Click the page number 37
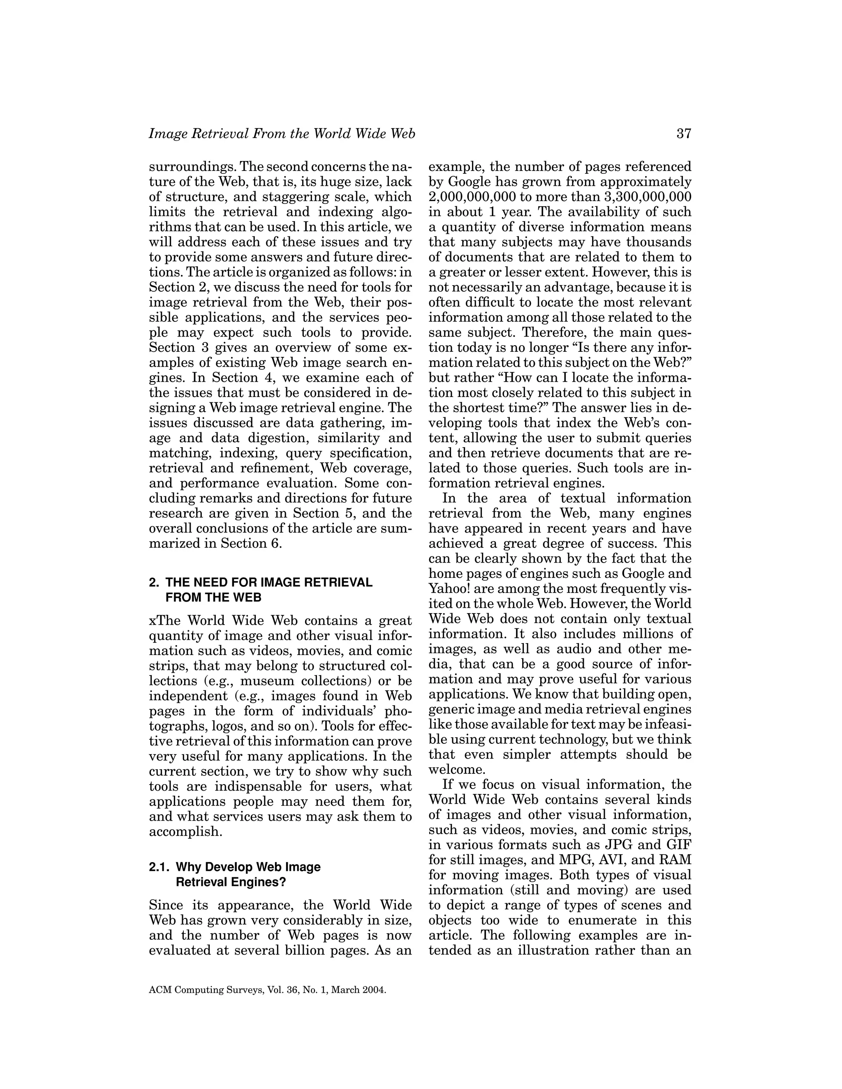pos(683,134)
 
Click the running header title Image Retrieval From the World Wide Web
pos(282,134)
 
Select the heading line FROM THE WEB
pos(213,598)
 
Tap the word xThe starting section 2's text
pos(166,621)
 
